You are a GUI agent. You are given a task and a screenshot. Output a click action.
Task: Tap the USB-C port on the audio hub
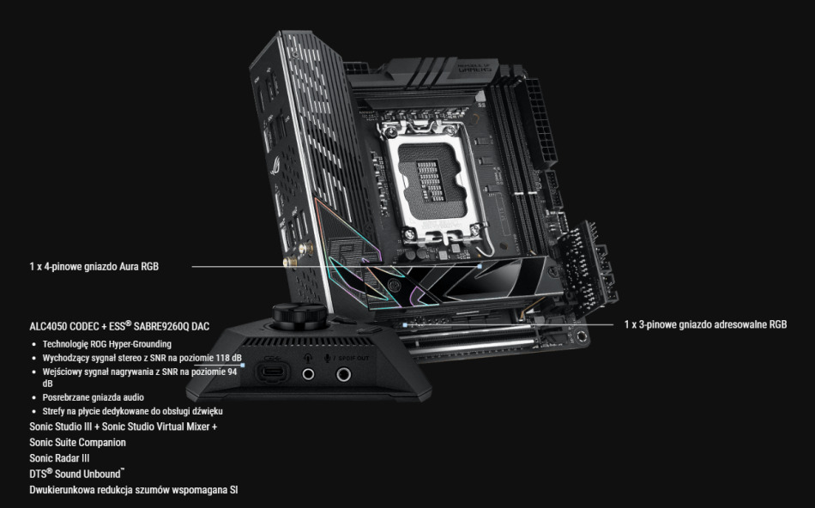(x=272, y=373)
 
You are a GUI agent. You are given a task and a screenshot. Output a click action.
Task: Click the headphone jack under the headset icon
(x=310, y=374)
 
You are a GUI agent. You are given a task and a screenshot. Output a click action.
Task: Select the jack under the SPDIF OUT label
(x=345, y=374)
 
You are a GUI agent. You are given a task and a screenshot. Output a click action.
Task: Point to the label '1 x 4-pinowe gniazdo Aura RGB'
(x=94, y=267)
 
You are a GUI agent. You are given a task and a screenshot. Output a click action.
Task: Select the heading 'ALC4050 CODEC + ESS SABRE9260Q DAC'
(x=119, y=327)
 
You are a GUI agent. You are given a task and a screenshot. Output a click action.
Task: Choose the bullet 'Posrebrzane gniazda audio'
(x=93, y=397)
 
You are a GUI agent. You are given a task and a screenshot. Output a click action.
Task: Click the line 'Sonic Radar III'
(x=59, y=458)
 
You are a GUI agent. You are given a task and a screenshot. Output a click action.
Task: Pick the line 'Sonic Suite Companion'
(x=77, y=442)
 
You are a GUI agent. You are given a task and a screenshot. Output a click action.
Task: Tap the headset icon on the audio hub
(x=309, y=359)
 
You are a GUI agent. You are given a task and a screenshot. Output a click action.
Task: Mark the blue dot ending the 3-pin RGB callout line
(x=404, y=325)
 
